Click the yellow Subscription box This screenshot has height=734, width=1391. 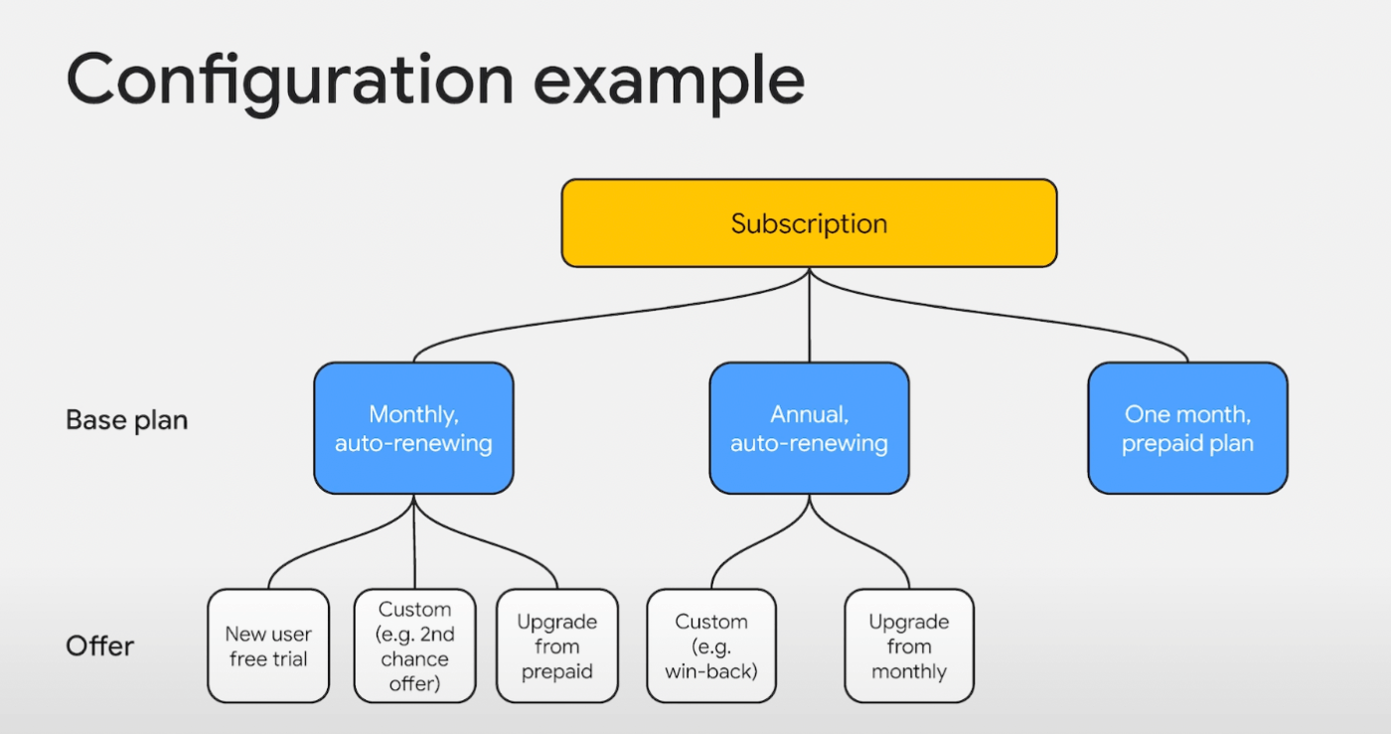point(809,223)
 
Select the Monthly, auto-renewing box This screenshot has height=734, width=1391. point(413,428)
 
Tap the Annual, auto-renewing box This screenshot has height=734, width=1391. point(809,428)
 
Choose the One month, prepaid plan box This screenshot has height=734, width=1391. point(1187,428)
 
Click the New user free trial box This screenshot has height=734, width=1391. point(268,646)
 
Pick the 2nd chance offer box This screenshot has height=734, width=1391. point(415,646)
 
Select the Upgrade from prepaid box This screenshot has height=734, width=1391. point(557,646)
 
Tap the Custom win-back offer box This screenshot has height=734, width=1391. point(711,646)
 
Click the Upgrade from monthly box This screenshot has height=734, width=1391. point(909,646)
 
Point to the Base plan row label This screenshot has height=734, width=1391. point(127,420)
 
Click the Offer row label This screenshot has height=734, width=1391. point(100,647)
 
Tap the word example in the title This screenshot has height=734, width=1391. point(670,82)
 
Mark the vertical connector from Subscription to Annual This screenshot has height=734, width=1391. point(809,315)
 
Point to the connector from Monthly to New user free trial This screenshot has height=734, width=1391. point(340,541)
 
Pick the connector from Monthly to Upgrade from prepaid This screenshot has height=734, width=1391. point(486,541)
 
